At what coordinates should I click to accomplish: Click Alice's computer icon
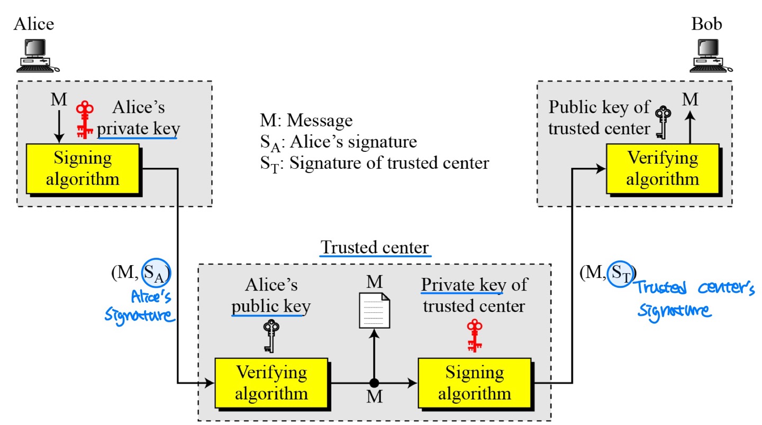[37, 56]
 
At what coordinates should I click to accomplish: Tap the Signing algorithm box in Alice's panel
[83, 168]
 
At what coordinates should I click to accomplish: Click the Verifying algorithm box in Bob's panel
[662, 168]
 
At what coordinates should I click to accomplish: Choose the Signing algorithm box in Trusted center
[474, 383]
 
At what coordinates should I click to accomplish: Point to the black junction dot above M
[374, 383]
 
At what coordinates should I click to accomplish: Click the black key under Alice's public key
[270, 336]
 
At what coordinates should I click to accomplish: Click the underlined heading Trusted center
[375, 248]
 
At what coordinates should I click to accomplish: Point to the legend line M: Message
[306, 121]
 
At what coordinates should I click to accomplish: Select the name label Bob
[706, 24]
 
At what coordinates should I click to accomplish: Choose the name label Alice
[34, 24]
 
